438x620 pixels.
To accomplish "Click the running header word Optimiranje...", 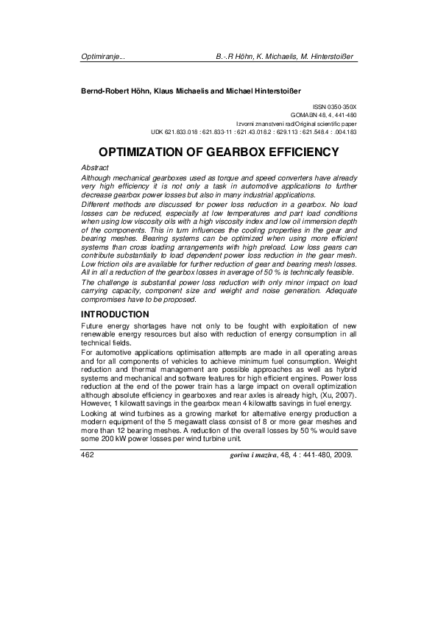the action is click(101, 56).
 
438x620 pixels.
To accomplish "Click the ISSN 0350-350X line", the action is click(335, 108).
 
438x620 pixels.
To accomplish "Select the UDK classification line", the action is click(253, 132).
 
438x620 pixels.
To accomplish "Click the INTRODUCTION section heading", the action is click(115, 314).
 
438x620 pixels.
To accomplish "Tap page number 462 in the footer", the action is click(89, 455).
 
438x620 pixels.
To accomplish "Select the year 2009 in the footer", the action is click(342, 455).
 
